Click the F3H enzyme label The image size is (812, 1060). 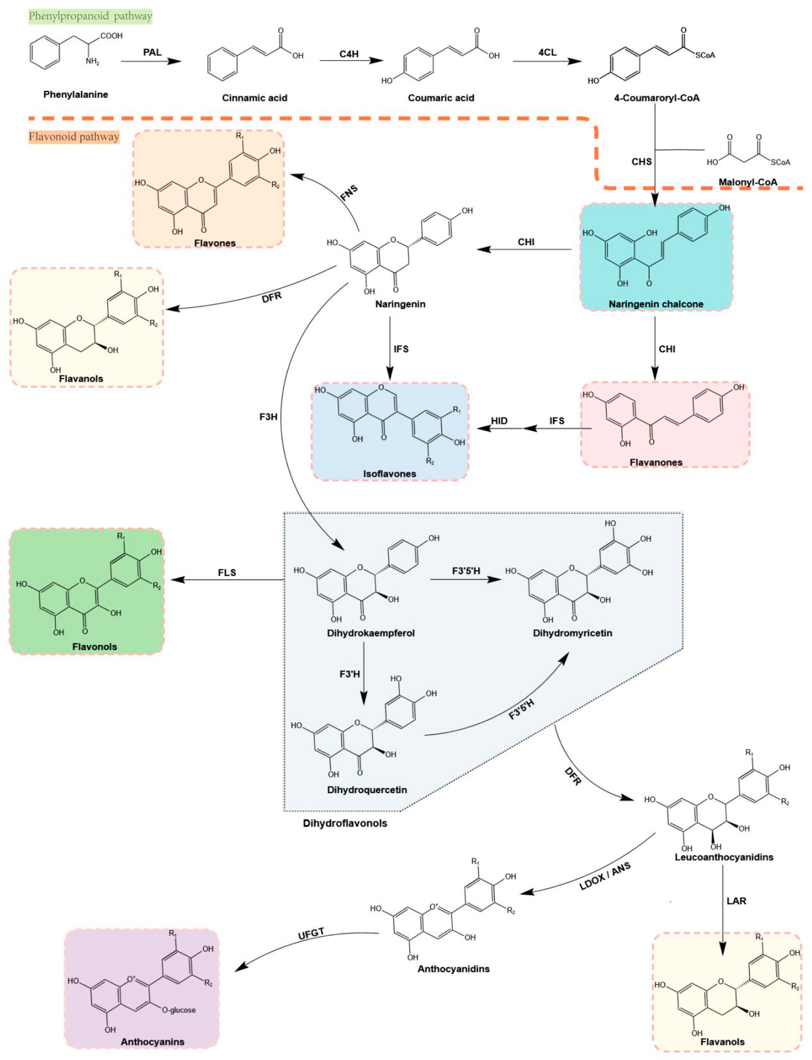coord(268,417)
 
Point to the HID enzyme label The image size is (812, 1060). coord(499,421)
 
